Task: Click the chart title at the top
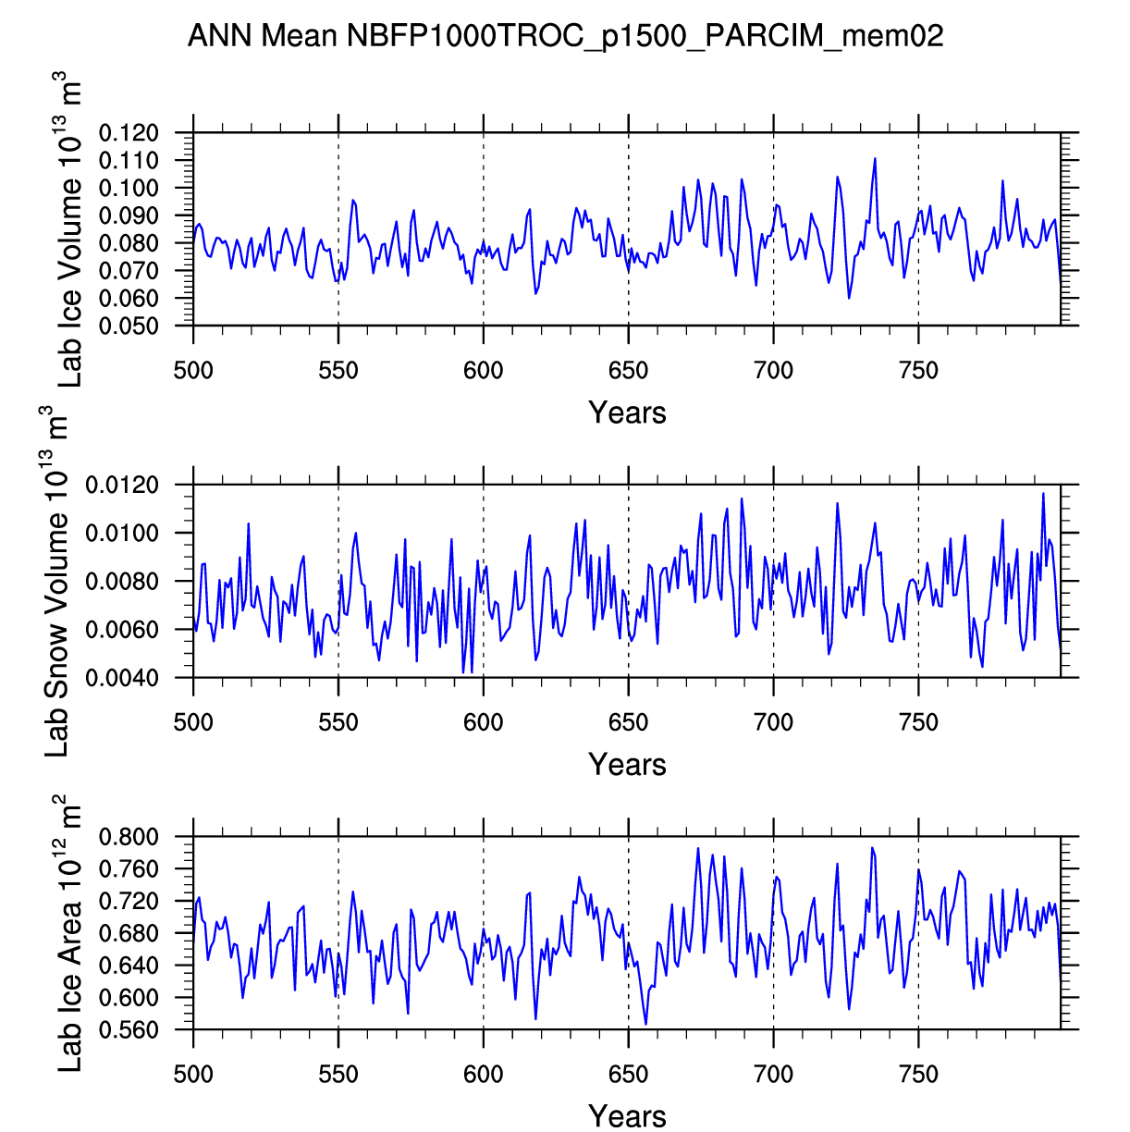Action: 565,36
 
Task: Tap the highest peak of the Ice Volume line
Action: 874,159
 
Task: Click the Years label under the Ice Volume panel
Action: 627,412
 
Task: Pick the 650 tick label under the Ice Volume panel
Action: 628,371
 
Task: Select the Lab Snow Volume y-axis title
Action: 57,583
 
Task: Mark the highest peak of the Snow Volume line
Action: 1043,494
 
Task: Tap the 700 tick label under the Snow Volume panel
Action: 773,722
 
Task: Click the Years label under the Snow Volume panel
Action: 627,765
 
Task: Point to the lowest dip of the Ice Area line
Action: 645,1024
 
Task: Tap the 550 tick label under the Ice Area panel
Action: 338,1074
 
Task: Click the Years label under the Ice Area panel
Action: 627,1116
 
